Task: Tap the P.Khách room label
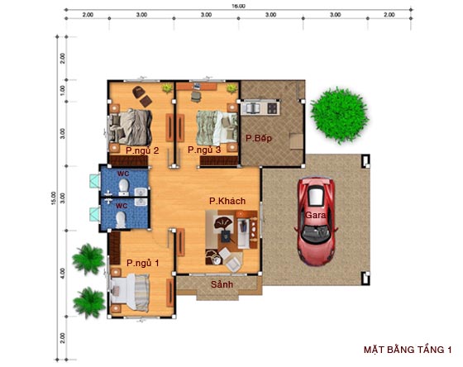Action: click(x=224, y=200)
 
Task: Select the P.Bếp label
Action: click(x=259, y=137)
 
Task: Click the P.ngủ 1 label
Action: click(x=142, y=263)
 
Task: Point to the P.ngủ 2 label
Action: click(x=142, y=150)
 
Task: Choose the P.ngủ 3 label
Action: click(x=204, y=150)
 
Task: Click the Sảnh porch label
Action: click(x=222, y=284)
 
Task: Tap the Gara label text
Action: click(x=315, y=215)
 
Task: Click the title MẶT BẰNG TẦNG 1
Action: click(x=409, y=350)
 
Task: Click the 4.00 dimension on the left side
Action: click(x=62, y=272)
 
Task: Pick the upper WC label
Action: click(x=122, y=174)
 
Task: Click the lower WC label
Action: click(x=121, y=205)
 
